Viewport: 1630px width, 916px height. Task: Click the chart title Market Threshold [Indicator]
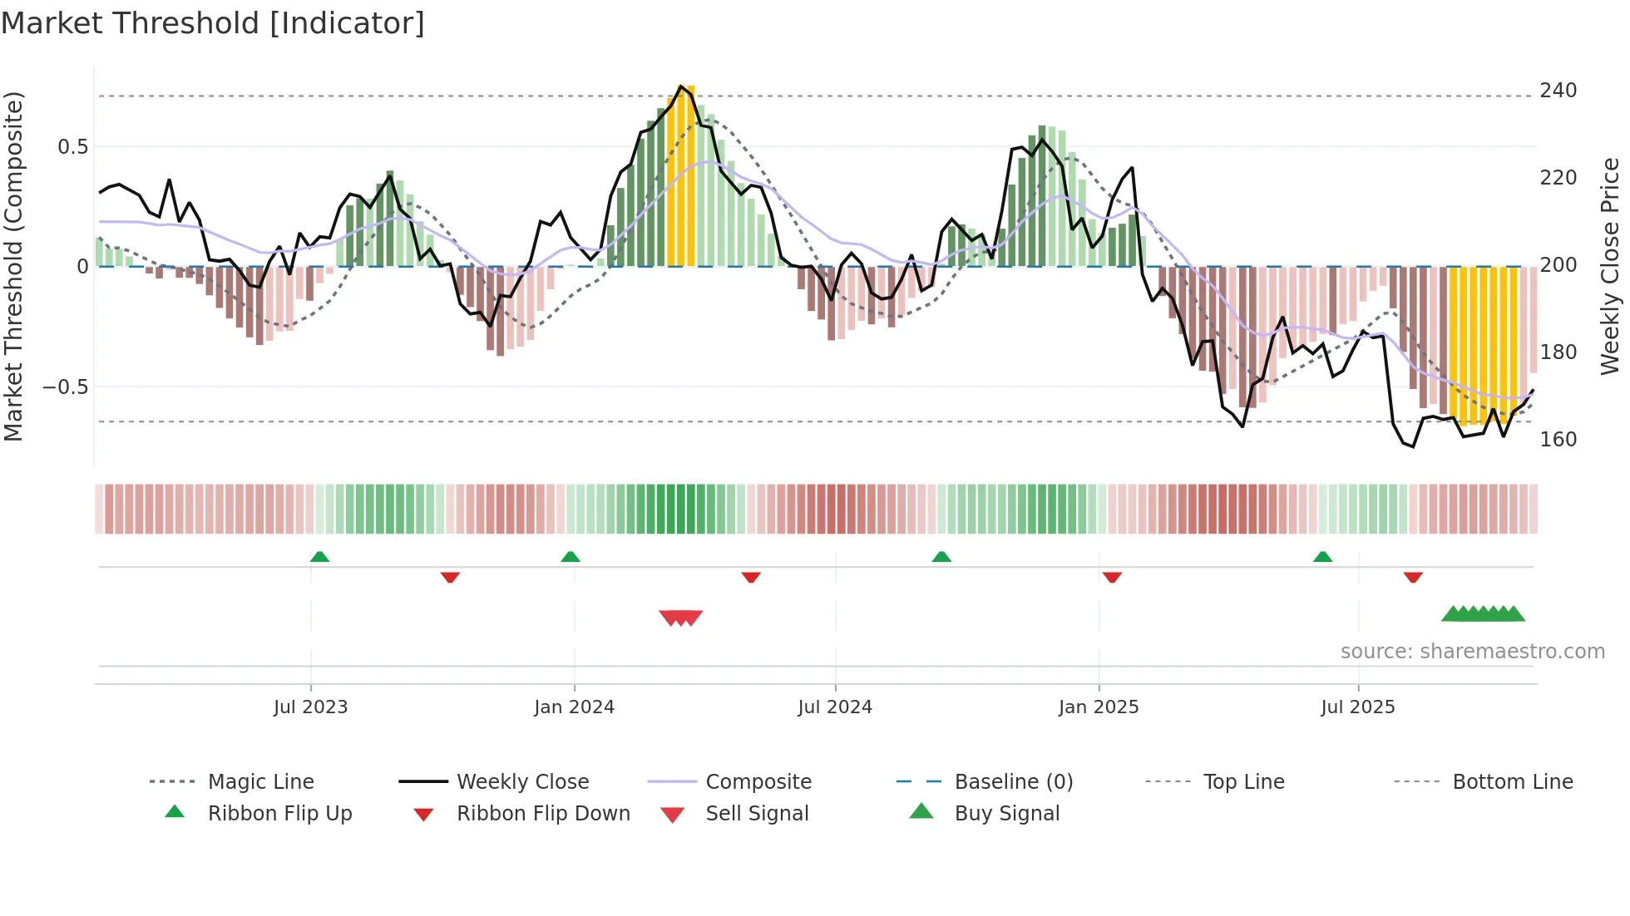pyautogui.click(x=213, y=23)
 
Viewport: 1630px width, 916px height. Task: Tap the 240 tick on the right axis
pyautogui.click(x=1558, y=91)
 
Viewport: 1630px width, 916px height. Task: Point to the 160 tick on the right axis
pyautogui.click(x=1558, y=440)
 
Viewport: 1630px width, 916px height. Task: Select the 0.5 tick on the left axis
pyautogui.click(x=72, y=147)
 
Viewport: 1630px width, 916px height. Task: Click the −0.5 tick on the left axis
pyautogui.click(x=65, y=387)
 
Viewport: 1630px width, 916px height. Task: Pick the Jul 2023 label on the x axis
pyautogui.click(x=310, y=707)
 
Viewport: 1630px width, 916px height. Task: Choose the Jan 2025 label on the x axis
pyautogui.click(x=1098, y=707)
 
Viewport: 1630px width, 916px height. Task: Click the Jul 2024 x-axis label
pyautogui.click(x=834, y=707)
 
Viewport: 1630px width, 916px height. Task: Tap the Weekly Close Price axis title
pyautogui.click(x=1610, y=266)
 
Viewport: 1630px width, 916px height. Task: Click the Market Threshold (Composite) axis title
pyautogui.click(x=13, y=266)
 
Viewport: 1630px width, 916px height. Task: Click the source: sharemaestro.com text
pyautogui.click(x=1472, y=652)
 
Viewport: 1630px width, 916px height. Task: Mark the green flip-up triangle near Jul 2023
pyautogui.click(x=319, y=557)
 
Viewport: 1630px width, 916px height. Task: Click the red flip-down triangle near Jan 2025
pyautogui.click(x=1112, y=577)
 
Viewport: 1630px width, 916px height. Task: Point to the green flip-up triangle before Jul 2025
pyautogui.click(x=1322, y=557)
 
